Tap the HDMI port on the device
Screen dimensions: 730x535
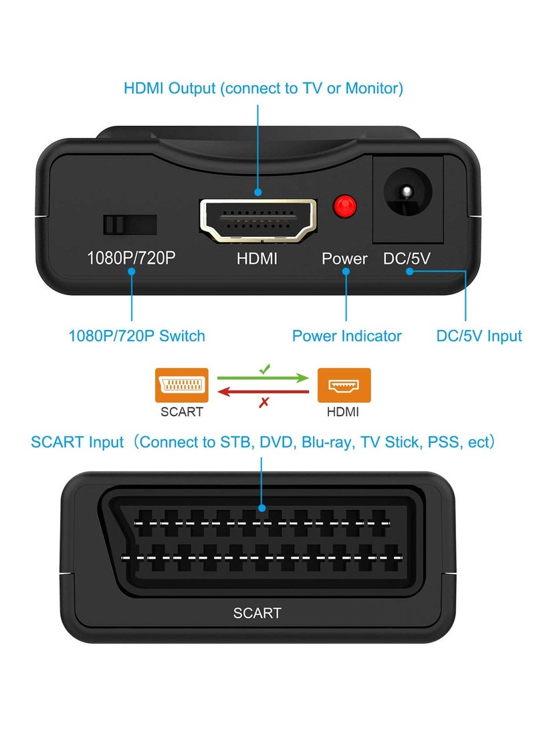(258, 219)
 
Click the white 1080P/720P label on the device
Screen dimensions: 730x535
(131, 258)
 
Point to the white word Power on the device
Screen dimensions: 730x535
(344, 258)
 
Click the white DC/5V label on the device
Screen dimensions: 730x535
(407, 258)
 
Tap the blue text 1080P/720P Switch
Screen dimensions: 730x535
(136, 335)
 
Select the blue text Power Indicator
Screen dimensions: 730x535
(346, 335)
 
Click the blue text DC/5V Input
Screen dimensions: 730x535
(479, 335)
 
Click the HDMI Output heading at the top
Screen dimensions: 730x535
(263, 88)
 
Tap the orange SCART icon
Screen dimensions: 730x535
(181, 385)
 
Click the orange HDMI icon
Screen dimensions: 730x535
(344, 385)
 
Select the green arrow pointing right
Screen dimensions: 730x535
(263, 378)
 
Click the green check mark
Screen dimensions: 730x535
(264, 369)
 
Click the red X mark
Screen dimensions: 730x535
(264, 402)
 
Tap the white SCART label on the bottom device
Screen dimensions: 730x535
(257, 612)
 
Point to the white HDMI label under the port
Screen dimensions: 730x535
(257, 258)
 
